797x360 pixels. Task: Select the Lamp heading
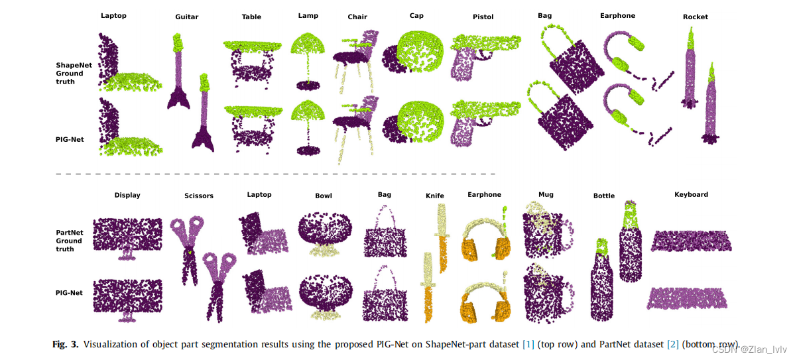pyautogui.click(x=308, y=15)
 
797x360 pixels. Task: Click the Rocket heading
pyautogui.click(x=695, y=17)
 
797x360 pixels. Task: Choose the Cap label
pyautogui.click(x=416, y=15)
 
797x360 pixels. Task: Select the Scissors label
pyautogui.click(x=199, y=196)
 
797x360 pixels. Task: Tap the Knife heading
pyautogui.click(x=435, y=196)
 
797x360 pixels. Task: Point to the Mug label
pyautogui.click(x=546, y=195)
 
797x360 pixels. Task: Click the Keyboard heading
pyautogui.click(x=691, y=195)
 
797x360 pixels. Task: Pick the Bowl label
pyautogui.click(x=324, y=196)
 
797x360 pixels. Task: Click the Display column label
pyautogui.click(x=127, y=196)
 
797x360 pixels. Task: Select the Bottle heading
pyautogui.click(x=604, y=196)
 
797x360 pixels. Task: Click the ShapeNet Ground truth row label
pyautogui.click(x=70, y=73)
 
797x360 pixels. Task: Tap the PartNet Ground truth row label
pyautogui.click(x=70, y=241)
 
